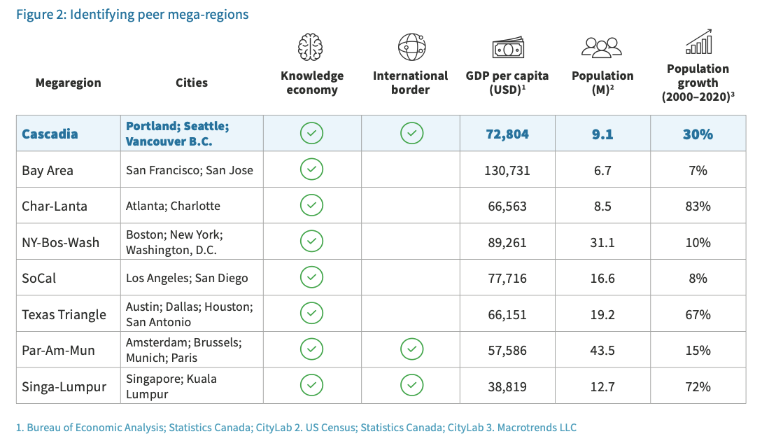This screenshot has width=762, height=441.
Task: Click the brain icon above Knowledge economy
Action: pyautogui.click(x=311, y=48)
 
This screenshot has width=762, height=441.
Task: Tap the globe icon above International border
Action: pyautogui.click(x=411, y=47)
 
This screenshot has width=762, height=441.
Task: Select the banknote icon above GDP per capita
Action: pyautogui.click(x=507, y=48)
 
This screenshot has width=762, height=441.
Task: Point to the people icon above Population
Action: pyautogui.click(x=602, y=48)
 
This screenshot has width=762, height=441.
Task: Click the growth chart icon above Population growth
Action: pyautogui.click(x=698, y=42)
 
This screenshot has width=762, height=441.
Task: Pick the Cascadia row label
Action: pyautogui.click(x=50, y=134)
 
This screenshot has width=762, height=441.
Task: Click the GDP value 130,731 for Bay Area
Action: pyautogui.click(x=507, y=170)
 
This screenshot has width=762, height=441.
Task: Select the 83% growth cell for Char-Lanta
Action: pyautogui.click(x=698, y=206)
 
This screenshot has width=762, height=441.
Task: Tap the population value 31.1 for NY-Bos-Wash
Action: pyautogui.click(x=602, y=242)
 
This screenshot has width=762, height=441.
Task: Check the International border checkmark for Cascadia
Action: pyautogui.click(x=411, y=133)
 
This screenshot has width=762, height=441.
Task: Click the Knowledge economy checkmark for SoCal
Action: pyautogui.click(x=311, y=277)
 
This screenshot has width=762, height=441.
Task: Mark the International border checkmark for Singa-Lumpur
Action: pyautogui.click(x=411, y=385)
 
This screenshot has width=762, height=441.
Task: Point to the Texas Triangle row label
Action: pyautogui.click(x=64, y=314)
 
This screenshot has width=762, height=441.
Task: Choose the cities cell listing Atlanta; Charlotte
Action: pyautogui.click(x=173, y=206)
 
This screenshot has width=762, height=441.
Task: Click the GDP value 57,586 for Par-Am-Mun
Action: pyautogui.click(x=507, y=350)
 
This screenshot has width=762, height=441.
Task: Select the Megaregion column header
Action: pyautogui.click(x=68, y=83)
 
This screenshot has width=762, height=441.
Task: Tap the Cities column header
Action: pyautogui.click(x=191, y=83)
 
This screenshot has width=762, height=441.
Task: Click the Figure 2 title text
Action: pyautogui.click(x=132, y=14)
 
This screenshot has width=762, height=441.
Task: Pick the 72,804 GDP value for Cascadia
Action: pyautogui.click(x=507, y=134)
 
